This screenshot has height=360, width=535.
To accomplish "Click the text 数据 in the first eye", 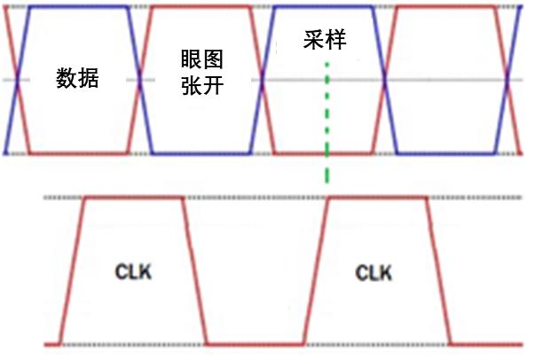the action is [77, 78].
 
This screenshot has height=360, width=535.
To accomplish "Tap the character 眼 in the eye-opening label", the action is [192, 59].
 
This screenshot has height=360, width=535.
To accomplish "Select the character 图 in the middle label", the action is [213, 59].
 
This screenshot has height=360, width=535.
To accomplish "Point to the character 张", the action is [192, 85].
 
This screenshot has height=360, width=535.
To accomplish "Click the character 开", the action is [213, 85].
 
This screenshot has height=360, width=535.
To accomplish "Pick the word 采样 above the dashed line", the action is [325, 40].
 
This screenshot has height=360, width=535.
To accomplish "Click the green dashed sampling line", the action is [327, 122].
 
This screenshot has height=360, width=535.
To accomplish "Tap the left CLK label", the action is [133, 272].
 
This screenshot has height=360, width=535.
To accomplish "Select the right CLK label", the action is [374, 273].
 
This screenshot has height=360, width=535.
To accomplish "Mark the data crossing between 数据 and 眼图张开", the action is [139, 80].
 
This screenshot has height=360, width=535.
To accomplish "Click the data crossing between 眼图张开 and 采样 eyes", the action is [262, 80].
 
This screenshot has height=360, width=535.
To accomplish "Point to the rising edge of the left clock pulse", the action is [73, 271].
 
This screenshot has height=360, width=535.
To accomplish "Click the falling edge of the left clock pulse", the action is [195, 271].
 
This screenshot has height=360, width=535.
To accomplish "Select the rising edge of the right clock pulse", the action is [316, 271].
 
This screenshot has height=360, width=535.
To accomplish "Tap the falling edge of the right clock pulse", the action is [438, 271].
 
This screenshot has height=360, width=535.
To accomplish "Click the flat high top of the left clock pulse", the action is [134, 198].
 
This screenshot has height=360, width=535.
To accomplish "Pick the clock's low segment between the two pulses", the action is [256, 345].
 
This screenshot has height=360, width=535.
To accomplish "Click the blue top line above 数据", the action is [79, 7].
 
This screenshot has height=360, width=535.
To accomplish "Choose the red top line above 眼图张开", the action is [201, 7].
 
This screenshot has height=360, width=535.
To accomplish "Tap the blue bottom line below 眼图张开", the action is [201, 153].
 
